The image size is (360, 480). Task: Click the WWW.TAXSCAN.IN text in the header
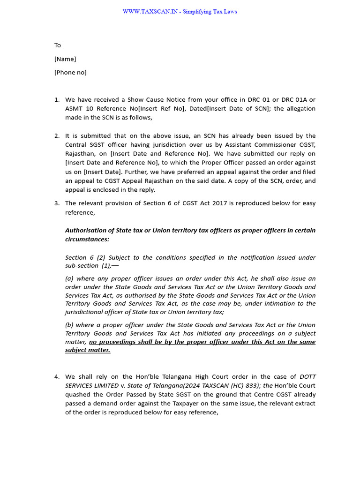pos(150,12)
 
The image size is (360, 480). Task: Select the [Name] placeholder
pos(65,59)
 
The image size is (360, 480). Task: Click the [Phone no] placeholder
pos(70,73)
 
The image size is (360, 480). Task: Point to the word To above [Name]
pos(58,45)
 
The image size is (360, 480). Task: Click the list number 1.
pos(57,100)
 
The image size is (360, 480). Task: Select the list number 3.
pos(57,203)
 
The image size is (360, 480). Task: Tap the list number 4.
pos(57,377)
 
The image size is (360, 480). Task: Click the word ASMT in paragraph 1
pos(74,109)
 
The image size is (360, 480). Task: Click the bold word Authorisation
pos(87,231)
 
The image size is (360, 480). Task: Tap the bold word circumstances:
pos(87,239)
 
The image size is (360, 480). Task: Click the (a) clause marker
pos(69,278)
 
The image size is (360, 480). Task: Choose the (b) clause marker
pos(69,325)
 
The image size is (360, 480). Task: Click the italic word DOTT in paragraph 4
pos(307,377)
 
